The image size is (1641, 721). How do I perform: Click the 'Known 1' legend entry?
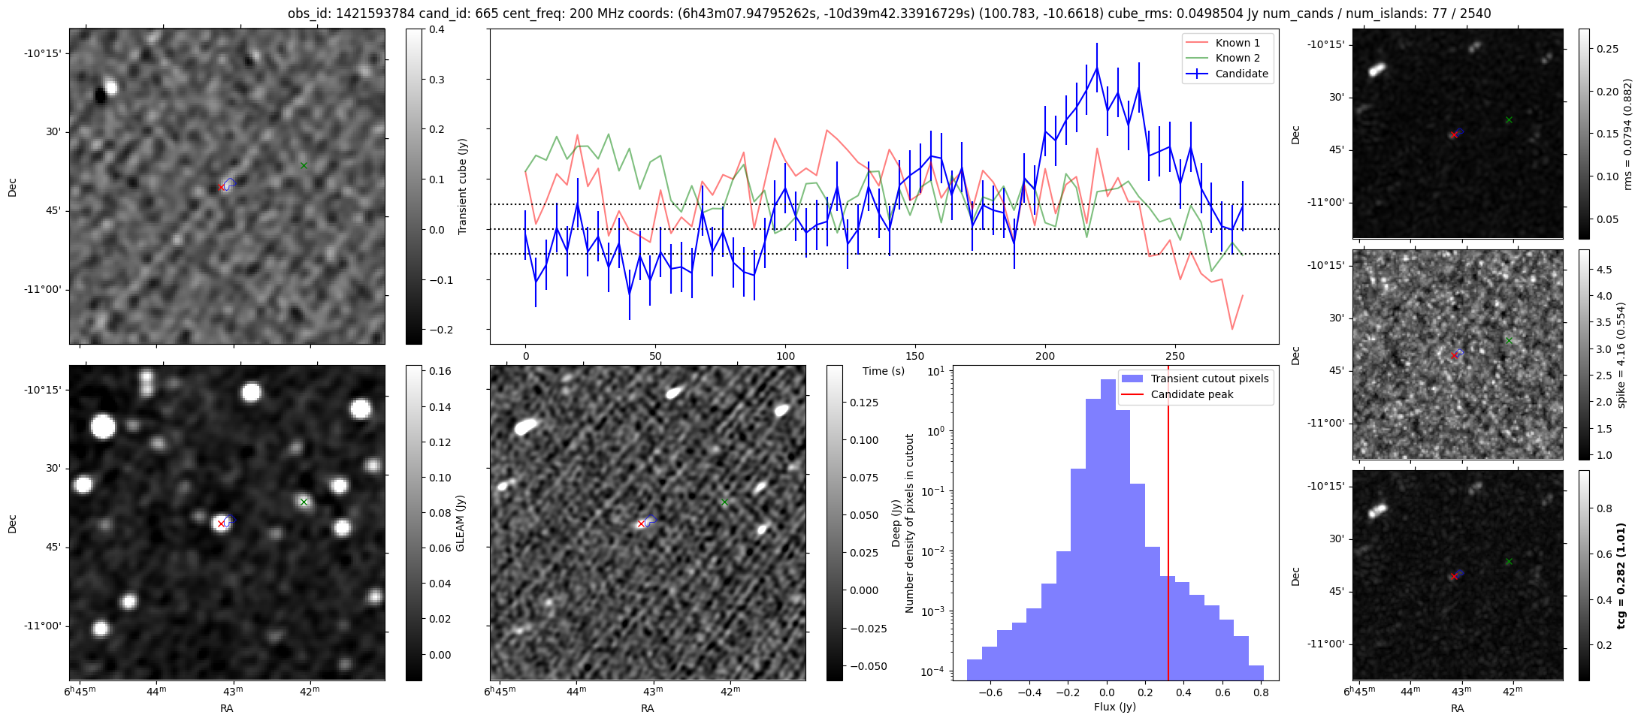[1238, 43]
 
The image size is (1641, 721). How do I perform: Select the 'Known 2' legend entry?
[1238, 58]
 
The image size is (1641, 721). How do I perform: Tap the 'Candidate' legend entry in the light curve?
[1241, 74]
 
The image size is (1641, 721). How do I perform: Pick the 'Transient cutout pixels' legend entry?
[1209, 379]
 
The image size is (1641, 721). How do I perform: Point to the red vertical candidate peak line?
[1168, 526]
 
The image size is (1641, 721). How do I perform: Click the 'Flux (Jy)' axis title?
[1115, 707]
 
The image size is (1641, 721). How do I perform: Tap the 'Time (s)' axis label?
[884, 371]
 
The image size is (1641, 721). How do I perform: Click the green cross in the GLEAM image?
[304, 502]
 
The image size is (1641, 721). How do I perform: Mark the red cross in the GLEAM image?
[221, 523]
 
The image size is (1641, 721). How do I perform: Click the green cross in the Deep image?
[724, 502]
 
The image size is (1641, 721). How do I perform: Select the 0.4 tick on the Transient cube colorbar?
[437, 30]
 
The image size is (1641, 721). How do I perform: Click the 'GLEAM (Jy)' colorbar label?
[460, 523]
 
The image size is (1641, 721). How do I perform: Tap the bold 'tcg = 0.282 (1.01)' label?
[1621, 576]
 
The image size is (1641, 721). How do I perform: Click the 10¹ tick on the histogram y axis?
[936, 371]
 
